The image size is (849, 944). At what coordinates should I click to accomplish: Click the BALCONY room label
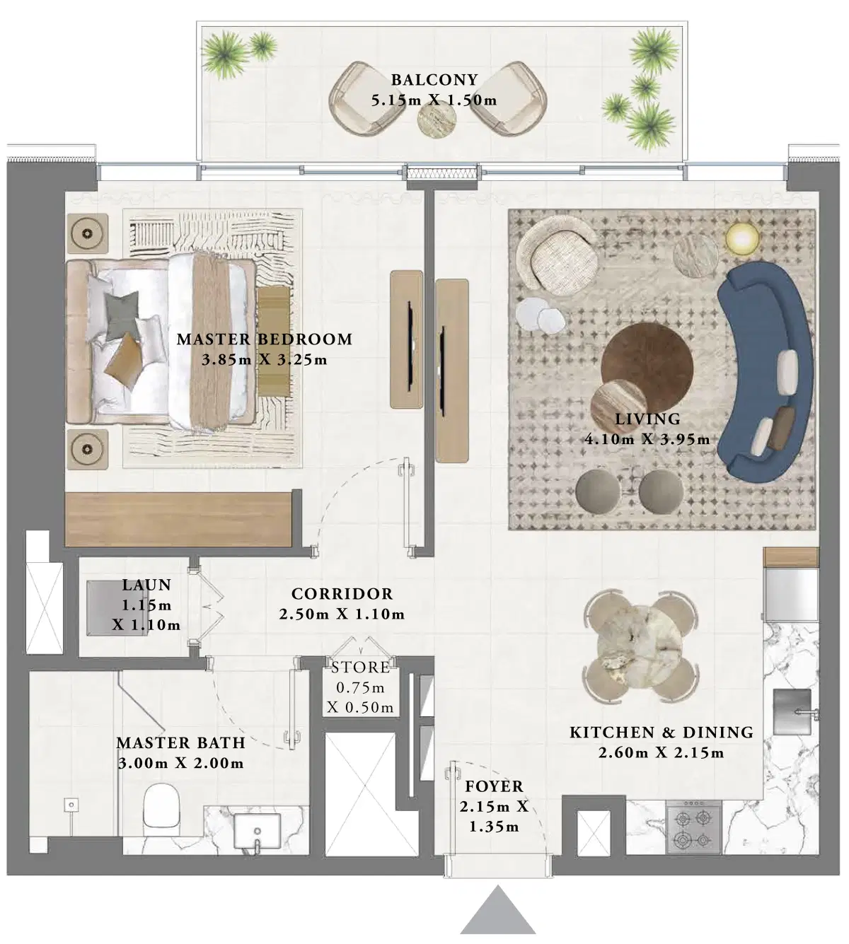434,80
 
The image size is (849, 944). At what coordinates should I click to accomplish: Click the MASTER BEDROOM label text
265,339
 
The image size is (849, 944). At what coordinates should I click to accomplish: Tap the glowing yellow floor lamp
741,239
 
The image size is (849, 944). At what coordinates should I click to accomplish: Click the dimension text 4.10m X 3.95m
647,439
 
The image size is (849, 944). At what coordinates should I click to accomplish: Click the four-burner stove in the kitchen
693,829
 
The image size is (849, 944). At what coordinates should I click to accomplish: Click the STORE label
360,668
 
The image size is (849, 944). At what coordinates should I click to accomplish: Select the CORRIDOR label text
342,594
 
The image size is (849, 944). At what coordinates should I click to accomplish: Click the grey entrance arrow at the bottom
498,912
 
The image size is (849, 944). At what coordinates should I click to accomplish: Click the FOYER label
494,786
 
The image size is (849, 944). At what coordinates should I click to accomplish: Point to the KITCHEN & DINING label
661,733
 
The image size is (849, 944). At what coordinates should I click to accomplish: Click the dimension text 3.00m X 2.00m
181,764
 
